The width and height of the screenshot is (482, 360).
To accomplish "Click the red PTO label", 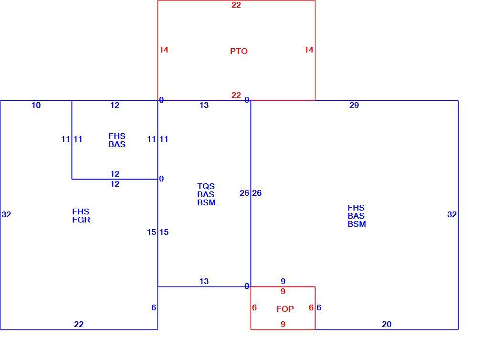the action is [239, 51].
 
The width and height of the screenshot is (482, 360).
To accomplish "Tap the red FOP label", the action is [285, 308].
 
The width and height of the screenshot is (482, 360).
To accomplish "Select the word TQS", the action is [206, 186].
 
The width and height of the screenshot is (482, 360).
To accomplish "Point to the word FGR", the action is [81, 220].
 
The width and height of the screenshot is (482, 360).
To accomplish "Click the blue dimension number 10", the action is [36, 105].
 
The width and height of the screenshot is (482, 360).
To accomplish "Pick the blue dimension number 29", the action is [354, 105].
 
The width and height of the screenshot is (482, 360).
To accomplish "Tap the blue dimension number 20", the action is [387, 324].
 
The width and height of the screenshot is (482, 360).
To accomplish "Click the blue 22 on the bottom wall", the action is [79, 324].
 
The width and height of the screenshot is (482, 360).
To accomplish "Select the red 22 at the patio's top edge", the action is [236, 5].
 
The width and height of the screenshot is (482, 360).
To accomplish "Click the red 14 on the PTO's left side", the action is [164, 50].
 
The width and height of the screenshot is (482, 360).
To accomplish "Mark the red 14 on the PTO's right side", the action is [309, 50].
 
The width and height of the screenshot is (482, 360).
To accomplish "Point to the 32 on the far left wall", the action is [7, 214].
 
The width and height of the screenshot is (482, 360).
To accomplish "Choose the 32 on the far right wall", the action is [452, 214].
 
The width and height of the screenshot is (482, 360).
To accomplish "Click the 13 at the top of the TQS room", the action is [204, 105].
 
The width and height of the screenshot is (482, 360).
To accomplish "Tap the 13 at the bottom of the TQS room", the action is [204, 281].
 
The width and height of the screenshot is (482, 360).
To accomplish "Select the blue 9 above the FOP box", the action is [283, 281].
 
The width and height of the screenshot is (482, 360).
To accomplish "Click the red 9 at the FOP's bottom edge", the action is [283, 324].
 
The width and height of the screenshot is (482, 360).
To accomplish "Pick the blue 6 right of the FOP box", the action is [319, 308].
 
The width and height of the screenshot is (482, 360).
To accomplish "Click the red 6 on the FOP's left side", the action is [254, 308].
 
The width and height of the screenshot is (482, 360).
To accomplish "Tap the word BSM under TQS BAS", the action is [207, 202].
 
